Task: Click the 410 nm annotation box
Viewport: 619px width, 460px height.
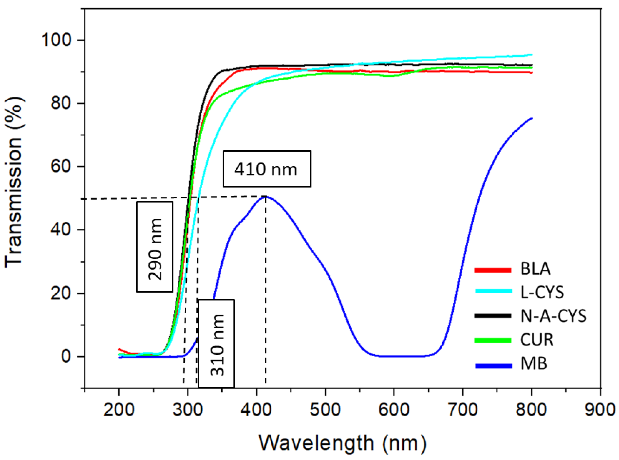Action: [x=266, y=169]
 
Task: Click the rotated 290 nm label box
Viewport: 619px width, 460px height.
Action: [x=154, y=247]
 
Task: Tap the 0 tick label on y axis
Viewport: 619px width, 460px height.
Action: [x=66, y=356]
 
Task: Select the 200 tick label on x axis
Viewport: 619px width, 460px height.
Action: [x=119, y=410]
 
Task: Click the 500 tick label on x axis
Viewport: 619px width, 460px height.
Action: [x=325, y=410]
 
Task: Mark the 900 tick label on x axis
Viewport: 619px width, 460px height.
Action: [x=600, y=410]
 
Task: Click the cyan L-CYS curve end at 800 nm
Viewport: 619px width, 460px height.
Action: [x=532, y=54]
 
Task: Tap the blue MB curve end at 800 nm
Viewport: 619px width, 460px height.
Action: [x=532, y=118]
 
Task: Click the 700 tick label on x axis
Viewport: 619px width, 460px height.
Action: [x=463, y=410]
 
